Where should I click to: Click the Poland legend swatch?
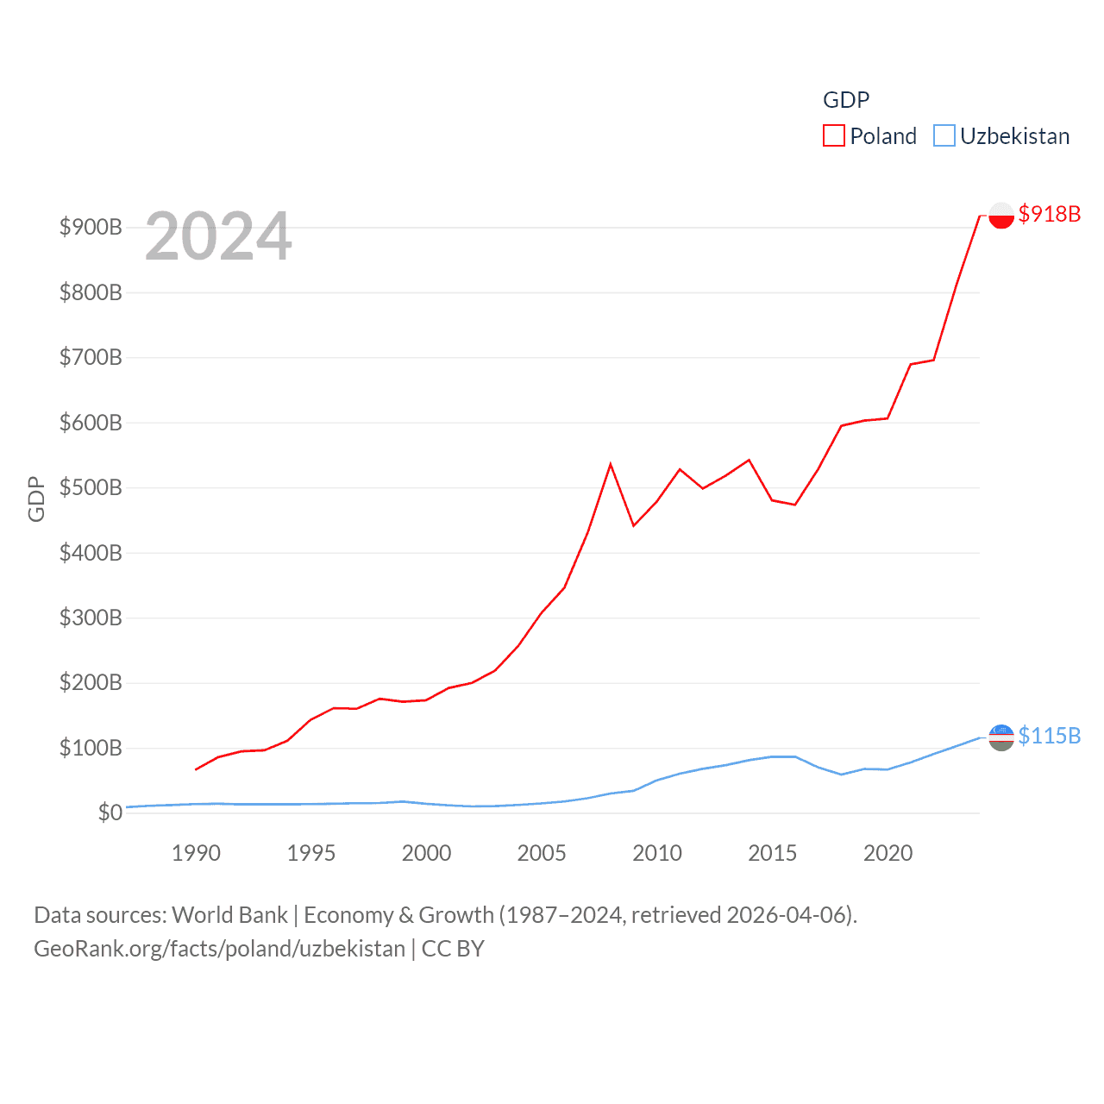(833, 136)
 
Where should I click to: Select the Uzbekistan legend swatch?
(944, 136)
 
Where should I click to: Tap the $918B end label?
(1049, 214)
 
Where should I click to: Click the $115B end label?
(1049, 736)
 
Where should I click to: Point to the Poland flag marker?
(1000, 215)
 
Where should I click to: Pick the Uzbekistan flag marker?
(1000, 737)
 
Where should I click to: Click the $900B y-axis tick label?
(91, 227)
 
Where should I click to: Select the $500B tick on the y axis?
(91, 487)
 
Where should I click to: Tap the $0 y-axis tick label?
(110, 812)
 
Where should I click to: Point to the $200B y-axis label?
(91, 683)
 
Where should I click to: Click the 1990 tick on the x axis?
(196, 853)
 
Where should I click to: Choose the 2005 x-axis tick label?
(542, 853)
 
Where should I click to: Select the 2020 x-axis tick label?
(888, 853)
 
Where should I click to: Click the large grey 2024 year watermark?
(218, 236)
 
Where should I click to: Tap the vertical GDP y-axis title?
(36, 499)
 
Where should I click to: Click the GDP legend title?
(846, 100)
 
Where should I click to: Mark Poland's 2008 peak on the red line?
(611, 465)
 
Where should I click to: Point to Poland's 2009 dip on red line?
(634, 525)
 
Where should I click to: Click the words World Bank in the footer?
(229, 914)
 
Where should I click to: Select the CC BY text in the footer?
(453, 949)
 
